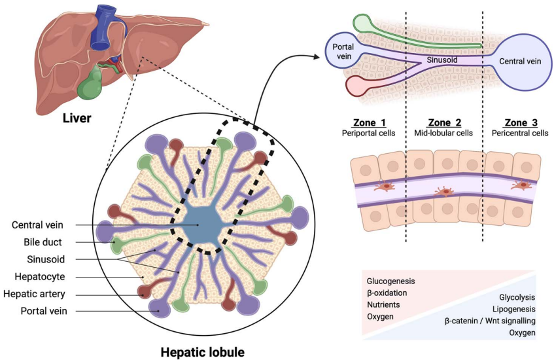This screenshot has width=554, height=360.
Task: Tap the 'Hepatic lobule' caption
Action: point(202,351)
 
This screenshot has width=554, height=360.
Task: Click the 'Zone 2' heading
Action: point(444,122)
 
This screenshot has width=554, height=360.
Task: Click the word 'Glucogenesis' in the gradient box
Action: point(390,281)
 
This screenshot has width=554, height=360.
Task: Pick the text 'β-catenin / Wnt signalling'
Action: point(490,321)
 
